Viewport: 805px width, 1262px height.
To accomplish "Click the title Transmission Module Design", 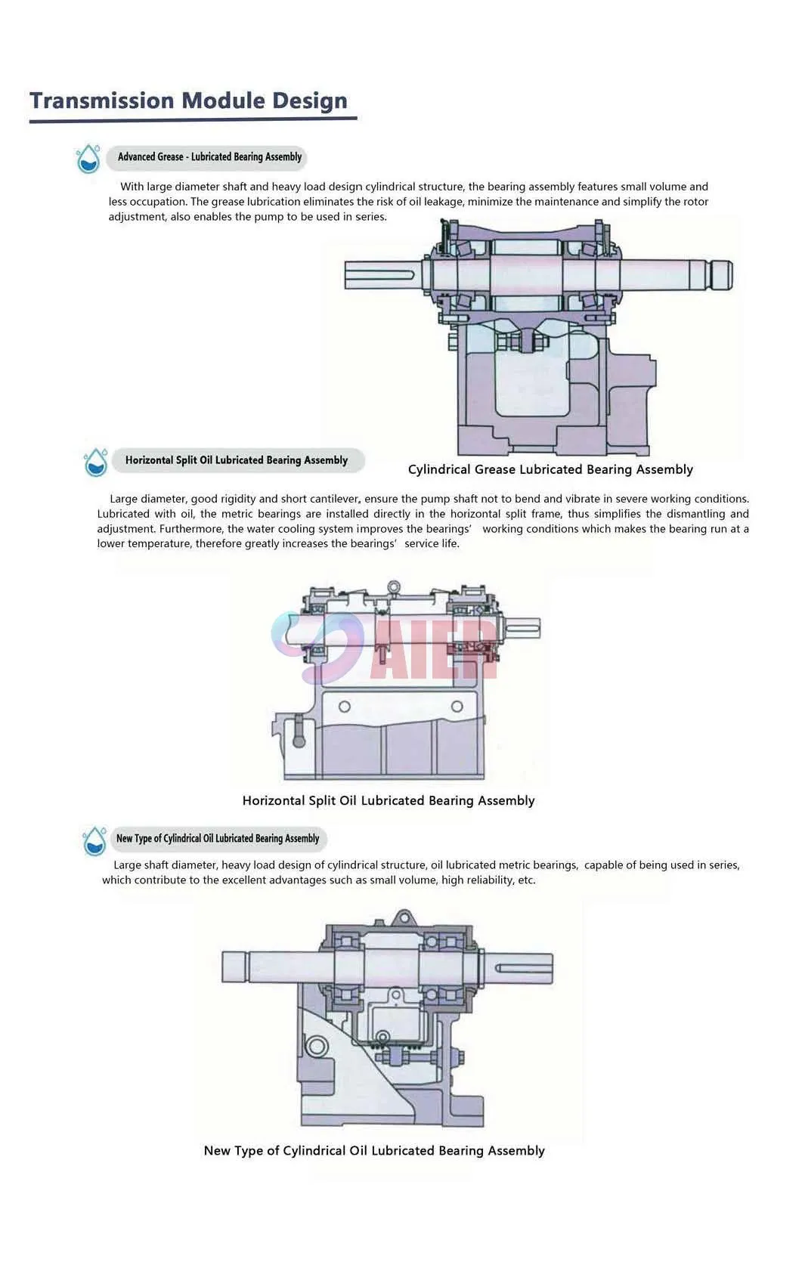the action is pyautogui.click(x=189, y=101).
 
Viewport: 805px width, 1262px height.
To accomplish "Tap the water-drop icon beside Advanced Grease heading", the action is pyautogui.click(x=88, y=158).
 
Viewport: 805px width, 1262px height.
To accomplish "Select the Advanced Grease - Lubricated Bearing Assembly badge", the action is pyautogui.click(x=206, y=156).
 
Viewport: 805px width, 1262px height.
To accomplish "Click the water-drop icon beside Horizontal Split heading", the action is pyautogui.click(x=95, y=462).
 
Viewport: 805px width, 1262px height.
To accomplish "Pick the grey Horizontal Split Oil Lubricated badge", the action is pyautogui.click(x=237, y=460).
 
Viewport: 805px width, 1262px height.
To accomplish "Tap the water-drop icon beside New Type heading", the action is pyautogui.click(x=94, y=841).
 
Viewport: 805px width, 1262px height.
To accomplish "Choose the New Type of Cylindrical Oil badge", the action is pyautogui.click(x=218, y=838).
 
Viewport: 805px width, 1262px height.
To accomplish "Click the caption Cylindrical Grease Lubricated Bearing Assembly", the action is pyautogui.click(x=550, y=470).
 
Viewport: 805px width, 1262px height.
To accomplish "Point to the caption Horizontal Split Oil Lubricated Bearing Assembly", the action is pyautogui.click(x=388, y=800).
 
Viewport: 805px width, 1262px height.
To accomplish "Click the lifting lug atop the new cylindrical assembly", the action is pyautogui.click(x=404, y=917).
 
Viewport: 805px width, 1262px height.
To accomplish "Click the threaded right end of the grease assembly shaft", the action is pyautogui.click(x=722, y=276).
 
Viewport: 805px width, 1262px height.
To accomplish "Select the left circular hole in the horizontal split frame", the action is pyautogui.click(x=344, y=707).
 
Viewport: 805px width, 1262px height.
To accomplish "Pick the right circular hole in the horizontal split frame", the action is pyautogui.click(x=457, y=707).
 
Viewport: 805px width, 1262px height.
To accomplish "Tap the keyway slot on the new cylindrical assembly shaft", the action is pyautogui.click(x=523, y=968).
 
